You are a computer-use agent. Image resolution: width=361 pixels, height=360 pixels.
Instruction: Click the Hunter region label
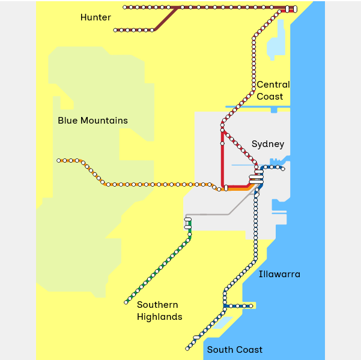click(x=96, y=17)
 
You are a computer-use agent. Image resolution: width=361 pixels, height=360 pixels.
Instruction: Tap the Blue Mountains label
click(x=93, y=121)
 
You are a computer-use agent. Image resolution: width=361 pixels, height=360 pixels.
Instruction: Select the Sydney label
click(x=267, y=144)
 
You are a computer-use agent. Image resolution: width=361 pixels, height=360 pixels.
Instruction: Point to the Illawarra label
click(x=279, y=274)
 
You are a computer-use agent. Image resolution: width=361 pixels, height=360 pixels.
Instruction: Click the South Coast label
click(x=234, y=350)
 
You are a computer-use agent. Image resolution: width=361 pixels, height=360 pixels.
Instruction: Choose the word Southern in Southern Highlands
click(x=157, y=305)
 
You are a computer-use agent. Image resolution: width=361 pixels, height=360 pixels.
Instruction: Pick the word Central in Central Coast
click(x=273, y=85)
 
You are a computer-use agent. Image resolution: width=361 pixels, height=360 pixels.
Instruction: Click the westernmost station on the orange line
click(x=59, y=160)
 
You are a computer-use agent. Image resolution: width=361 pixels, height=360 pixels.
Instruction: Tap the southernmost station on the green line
click(x=126, y=302)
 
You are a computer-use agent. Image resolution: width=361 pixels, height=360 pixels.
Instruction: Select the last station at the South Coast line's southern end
click(x=187, y=349)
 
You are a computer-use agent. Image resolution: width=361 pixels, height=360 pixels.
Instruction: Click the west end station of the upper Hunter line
click(x=125, y=7)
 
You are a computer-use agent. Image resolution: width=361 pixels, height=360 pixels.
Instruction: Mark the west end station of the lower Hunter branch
click(x=115, y=30)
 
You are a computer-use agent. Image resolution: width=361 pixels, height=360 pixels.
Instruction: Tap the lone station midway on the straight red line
click(x=222, y=143)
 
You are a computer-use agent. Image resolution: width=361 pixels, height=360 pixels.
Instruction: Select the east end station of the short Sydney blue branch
click(x=282, y=169)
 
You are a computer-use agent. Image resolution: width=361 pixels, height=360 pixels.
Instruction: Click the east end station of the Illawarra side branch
click(x=251, y=306)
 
